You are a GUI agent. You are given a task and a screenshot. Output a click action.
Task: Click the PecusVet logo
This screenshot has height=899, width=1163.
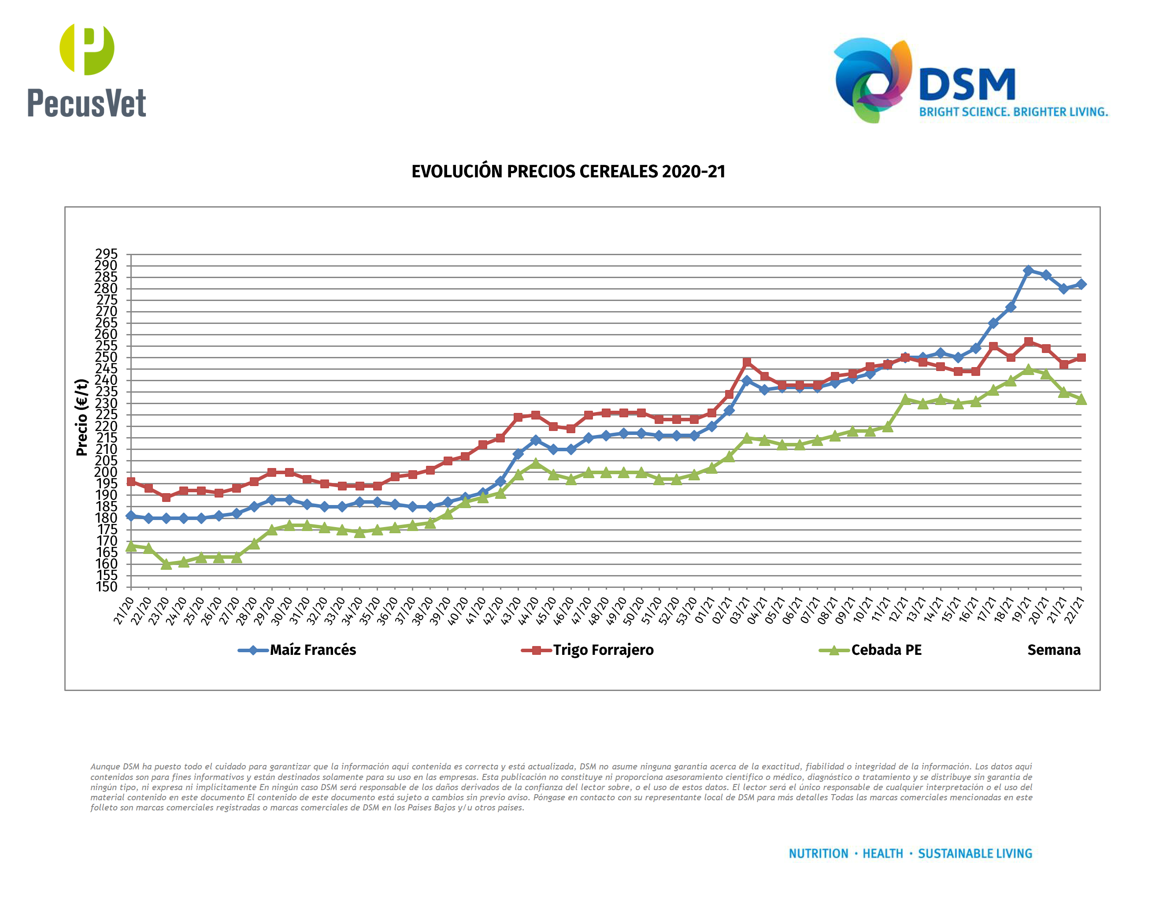point(86,71)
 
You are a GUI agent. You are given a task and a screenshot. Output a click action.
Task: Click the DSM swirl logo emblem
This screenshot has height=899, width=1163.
point(872,80)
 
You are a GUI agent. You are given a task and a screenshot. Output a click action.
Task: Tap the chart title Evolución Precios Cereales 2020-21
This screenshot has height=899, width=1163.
point(568,171)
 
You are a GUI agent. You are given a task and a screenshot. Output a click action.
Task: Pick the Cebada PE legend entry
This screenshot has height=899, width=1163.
point(885,650)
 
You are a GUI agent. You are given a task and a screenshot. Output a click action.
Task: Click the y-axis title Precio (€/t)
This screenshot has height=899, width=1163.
point(81,417)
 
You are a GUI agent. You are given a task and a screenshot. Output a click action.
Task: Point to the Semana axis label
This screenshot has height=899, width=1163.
point(1053,650)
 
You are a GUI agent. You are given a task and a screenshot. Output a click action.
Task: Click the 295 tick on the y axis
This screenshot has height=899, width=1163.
point(106,253)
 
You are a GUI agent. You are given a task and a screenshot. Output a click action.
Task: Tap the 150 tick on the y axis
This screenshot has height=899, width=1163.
point(106,587)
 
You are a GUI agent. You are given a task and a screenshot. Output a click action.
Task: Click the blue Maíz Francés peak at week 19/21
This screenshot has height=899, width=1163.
point(1028,271)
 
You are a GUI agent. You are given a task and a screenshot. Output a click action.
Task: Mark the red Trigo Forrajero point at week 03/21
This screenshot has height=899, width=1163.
point(747,362)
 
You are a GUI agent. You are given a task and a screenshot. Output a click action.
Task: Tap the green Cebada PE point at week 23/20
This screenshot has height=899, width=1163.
point(166,564)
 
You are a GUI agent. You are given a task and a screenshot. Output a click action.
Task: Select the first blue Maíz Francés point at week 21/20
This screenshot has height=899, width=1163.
point(131,516)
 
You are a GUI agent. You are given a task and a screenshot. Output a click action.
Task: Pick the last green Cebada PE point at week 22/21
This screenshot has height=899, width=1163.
point(1081,399)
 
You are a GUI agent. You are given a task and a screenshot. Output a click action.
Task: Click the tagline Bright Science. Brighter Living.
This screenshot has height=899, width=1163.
point(1013,112)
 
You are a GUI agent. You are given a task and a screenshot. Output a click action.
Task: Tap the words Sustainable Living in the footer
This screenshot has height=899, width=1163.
point(974,854)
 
